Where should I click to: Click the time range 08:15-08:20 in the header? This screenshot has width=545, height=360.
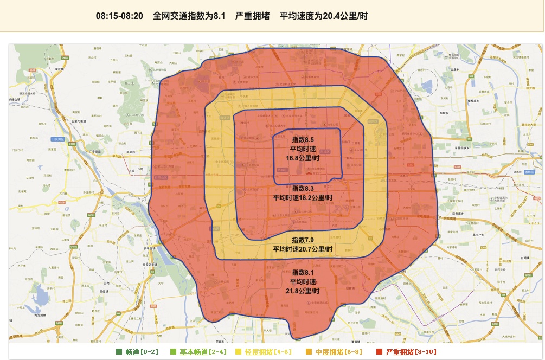(x=119, y=16)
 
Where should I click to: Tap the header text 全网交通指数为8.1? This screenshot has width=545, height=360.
(x=189, y=16)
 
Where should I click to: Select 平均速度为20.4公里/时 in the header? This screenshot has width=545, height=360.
(x=324, y=16)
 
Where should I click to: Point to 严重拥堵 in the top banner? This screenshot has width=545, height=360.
(x=252, y=16)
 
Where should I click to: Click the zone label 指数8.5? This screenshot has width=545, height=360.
(x=303, y=140)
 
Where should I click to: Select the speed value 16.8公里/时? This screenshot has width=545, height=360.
(x=303, y=158)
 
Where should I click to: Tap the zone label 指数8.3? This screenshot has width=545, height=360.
(x=303, y=188)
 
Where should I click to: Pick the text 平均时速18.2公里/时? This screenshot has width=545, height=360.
(x=303, y=197)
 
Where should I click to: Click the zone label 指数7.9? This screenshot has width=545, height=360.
(x=303, y=240)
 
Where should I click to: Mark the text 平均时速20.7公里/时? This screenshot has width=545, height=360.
(x=303, y=249)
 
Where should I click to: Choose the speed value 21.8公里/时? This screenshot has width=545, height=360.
(x=303, y=291)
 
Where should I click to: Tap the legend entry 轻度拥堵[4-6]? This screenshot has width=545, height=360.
(x=268, y=352)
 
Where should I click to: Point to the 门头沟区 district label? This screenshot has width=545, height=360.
(x=57, y=139)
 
